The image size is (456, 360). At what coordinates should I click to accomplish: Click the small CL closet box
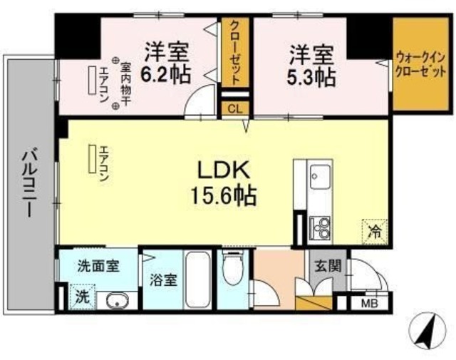[x=233, y=108]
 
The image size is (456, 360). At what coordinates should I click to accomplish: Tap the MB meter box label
[x=370, y=302]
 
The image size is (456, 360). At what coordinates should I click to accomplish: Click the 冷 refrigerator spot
[x=375, y=230]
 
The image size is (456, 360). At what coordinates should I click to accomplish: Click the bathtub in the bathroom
[x=197, y=279]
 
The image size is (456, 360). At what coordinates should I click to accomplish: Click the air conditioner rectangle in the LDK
[x=92, y=158]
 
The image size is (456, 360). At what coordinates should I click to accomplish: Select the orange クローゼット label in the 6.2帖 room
[x=233, y=52]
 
